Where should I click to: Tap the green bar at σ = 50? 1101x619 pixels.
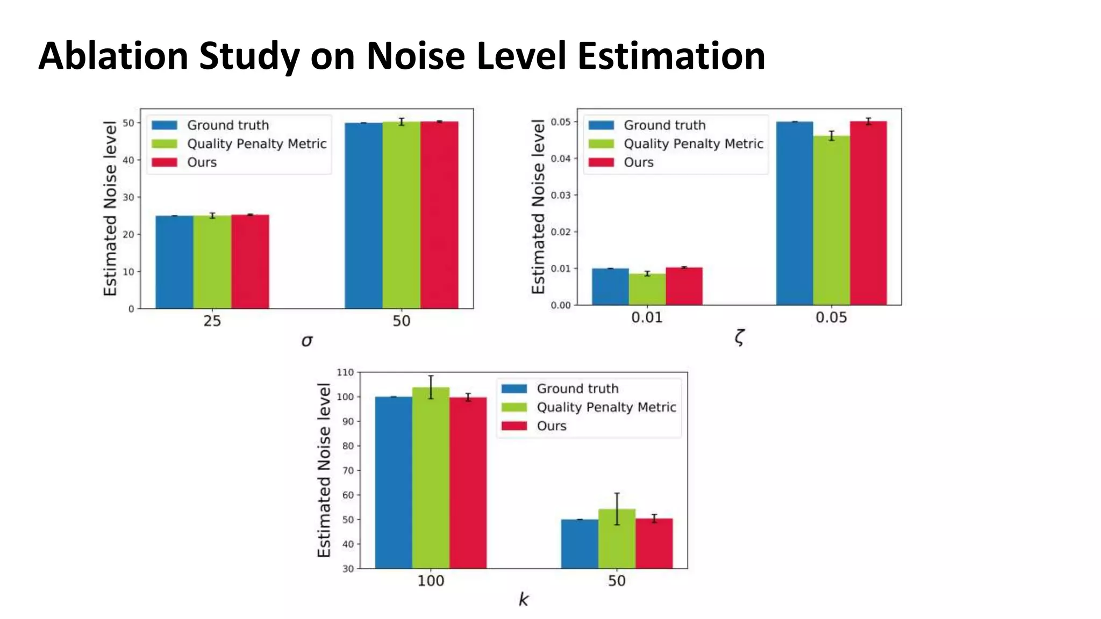[401, 215]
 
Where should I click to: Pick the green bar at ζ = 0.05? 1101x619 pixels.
[831, 220]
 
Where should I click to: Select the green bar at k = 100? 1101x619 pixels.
[431, 478]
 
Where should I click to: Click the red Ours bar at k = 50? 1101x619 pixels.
[654, 543]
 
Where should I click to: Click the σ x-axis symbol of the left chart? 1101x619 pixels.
[306, 341]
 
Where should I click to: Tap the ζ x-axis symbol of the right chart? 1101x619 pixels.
[739, 338]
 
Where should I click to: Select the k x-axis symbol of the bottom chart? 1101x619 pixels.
[523, 600]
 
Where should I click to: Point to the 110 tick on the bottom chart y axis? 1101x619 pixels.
[345, 372]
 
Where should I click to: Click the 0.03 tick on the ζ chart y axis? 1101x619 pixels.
[560, 195]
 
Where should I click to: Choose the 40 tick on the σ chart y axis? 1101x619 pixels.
[128, 160]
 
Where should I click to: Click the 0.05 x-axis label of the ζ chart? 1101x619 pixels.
[831, 318]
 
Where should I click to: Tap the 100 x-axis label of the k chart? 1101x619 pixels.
[431, 581]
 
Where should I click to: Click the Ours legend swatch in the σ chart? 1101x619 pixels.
[164, 162]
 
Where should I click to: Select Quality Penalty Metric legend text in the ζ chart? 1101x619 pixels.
[693, 144]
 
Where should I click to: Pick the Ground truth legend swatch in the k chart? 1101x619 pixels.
[514, 388]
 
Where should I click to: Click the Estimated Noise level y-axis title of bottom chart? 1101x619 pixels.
[324, 470]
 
